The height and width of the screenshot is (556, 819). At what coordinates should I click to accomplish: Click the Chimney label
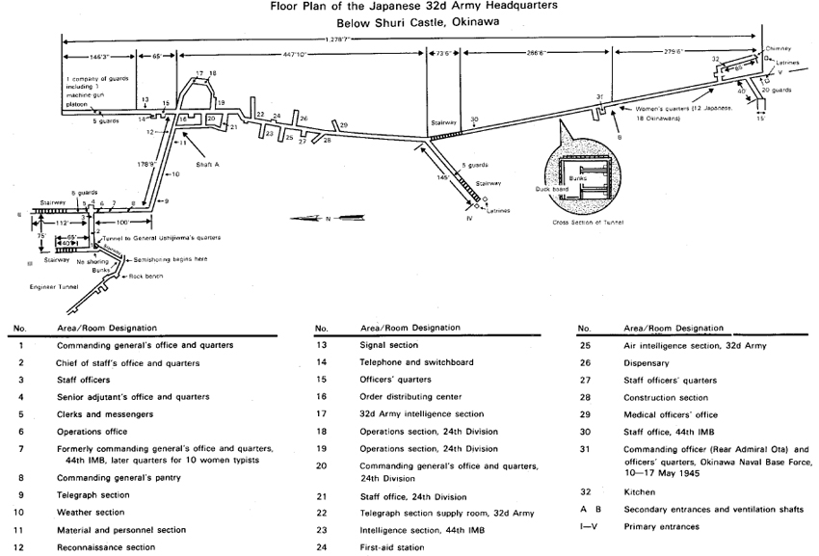pos(779,46)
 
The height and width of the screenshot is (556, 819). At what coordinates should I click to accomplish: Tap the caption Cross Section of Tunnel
pos(589,222)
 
